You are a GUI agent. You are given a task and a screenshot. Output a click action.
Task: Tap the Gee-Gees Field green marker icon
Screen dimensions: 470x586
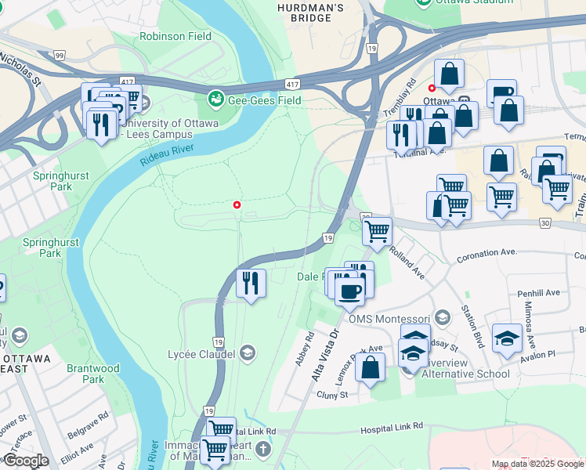(x=215, y=99)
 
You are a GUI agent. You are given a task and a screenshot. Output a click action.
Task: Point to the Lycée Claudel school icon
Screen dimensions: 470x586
(x=248, y=353)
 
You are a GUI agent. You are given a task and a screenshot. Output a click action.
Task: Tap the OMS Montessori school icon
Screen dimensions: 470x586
(x=443, y=318)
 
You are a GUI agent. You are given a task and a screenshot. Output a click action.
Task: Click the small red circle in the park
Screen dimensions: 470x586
(x=237, y=205)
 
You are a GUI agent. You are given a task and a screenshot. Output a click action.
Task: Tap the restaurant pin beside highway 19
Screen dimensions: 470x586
(x=251, y=283)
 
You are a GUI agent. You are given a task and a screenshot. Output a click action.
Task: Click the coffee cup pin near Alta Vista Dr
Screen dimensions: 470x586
(x=349, y=291)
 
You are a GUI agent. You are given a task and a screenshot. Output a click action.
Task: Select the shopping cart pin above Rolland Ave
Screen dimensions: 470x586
(x=378, y=232)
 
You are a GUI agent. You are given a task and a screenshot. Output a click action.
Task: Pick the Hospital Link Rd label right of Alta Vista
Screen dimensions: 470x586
(x=392, y=427)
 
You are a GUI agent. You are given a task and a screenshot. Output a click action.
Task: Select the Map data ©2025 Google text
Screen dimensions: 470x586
(x=537, y=464)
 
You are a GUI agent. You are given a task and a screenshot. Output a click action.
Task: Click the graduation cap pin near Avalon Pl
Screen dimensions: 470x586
(x=507, y=338)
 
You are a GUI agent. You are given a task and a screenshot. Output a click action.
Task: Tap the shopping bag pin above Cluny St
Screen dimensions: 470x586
(x=370, y=367)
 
